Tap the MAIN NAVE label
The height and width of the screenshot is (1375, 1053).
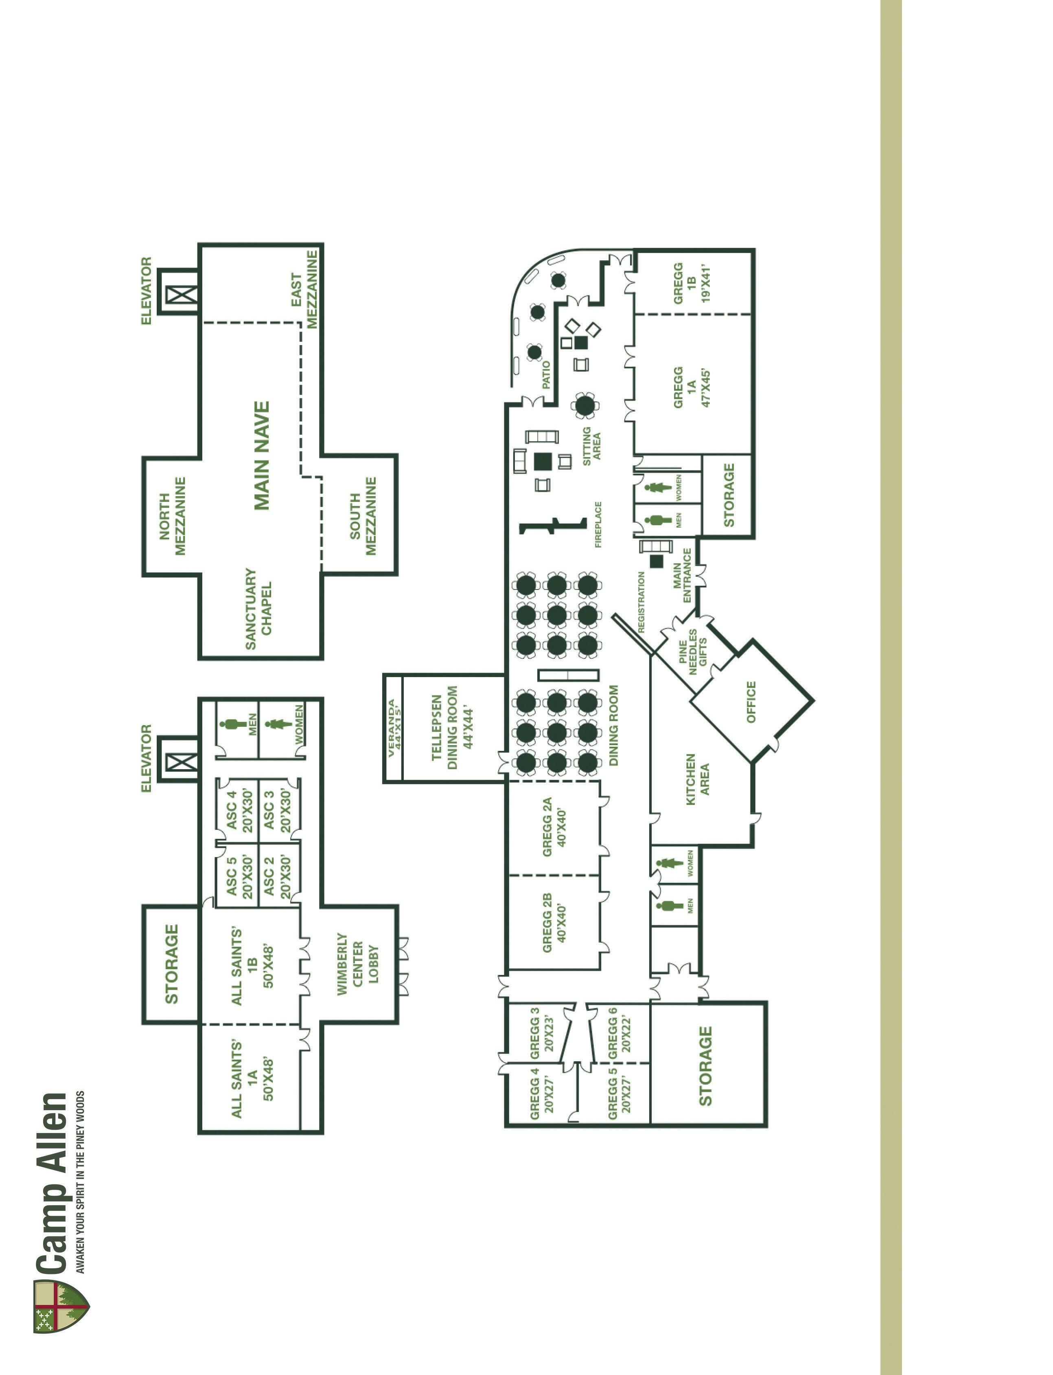pyautogui.click(x=262, y=455)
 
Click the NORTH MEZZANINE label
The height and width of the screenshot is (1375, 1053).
pyautogui.click(x=172, y=516)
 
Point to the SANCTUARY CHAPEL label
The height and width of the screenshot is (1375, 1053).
pyautogui.click(x=258, y=608)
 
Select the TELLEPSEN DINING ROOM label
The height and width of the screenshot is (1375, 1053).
pyautogui.click(x=453, y=728)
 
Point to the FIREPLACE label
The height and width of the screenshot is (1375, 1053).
pyautogui.click(x=598, y=524)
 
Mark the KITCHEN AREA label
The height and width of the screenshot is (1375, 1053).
pyautogui.click(x=697, y=779)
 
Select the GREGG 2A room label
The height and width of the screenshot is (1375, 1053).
pyautogui.click(x=554, y=827)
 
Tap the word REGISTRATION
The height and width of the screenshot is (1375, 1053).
pyautogui.click(x=641, y=602)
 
